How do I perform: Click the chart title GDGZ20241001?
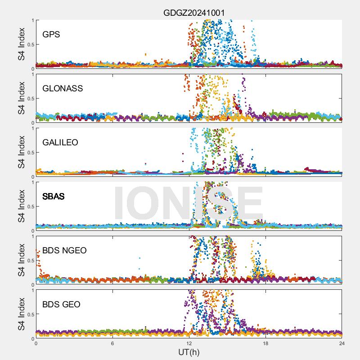[x=193, y=13]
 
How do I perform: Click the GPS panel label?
[x=51, y=34]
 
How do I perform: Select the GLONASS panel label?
[x=63, y=88]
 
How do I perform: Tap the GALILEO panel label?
[x=60, y=142]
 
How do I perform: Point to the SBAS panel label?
[x=53, y=196]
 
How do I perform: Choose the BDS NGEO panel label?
[x=64, y=250]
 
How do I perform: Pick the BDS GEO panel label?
[x=61, y=304]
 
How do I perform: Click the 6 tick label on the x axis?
[x=112, y=343]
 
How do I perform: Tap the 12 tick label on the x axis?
[x=189, y=343]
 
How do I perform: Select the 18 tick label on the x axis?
[x=265, y=343]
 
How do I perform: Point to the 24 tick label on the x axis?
[x=342, y=343]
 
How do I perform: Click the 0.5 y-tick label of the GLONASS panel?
[x=30, y=99]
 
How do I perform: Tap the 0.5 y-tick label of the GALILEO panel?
[x=30, y=153]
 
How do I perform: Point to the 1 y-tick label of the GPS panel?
[x=32, y=20]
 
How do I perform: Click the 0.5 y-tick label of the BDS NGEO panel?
[x=30, y=261]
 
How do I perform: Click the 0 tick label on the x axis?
[x=36, y=343]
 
